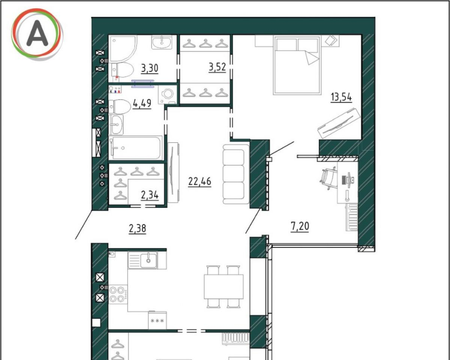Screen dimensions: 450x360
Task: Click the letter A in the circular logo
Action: pyautogui.click(x=37, y=33)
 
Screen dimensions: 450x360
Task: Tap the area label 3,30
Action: pyautogui.click(x=150, y=68)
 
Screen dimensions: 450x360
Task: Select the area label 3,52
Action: pyautogui.click(x=217, y=67)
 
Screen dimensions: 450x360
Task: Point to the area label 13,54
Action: pyautogui.click(x=341, y=97)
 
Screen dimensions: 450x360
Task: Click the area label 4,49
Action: pyautogui.click(x=142, y=103)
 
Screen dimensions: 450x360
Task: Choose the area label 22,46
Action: pyautogui.click(x=200, y=181)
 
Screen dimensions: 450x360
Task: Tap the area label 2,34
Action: pyautogui.click(x=150, y=195)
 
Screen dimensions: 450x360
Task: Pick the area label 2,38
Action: pyautogui.click(x=137, y=228)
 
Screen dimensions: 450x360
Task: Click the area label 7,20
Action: pyautogui.click(x=300, y=226)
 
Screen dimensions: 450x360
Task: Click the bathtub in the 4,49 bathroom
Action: pyautogui.click(x=135, y=148)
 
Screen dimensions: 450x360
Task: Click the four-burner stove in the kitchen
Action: pyautogui.click(x=118, y=294)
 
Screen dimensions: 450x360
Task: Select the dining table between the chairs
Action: pyautogui.click(x=223, y=287)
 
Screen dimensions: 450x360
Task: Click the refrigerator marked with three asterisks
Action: pyautogui.click(x=157, y=320)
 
